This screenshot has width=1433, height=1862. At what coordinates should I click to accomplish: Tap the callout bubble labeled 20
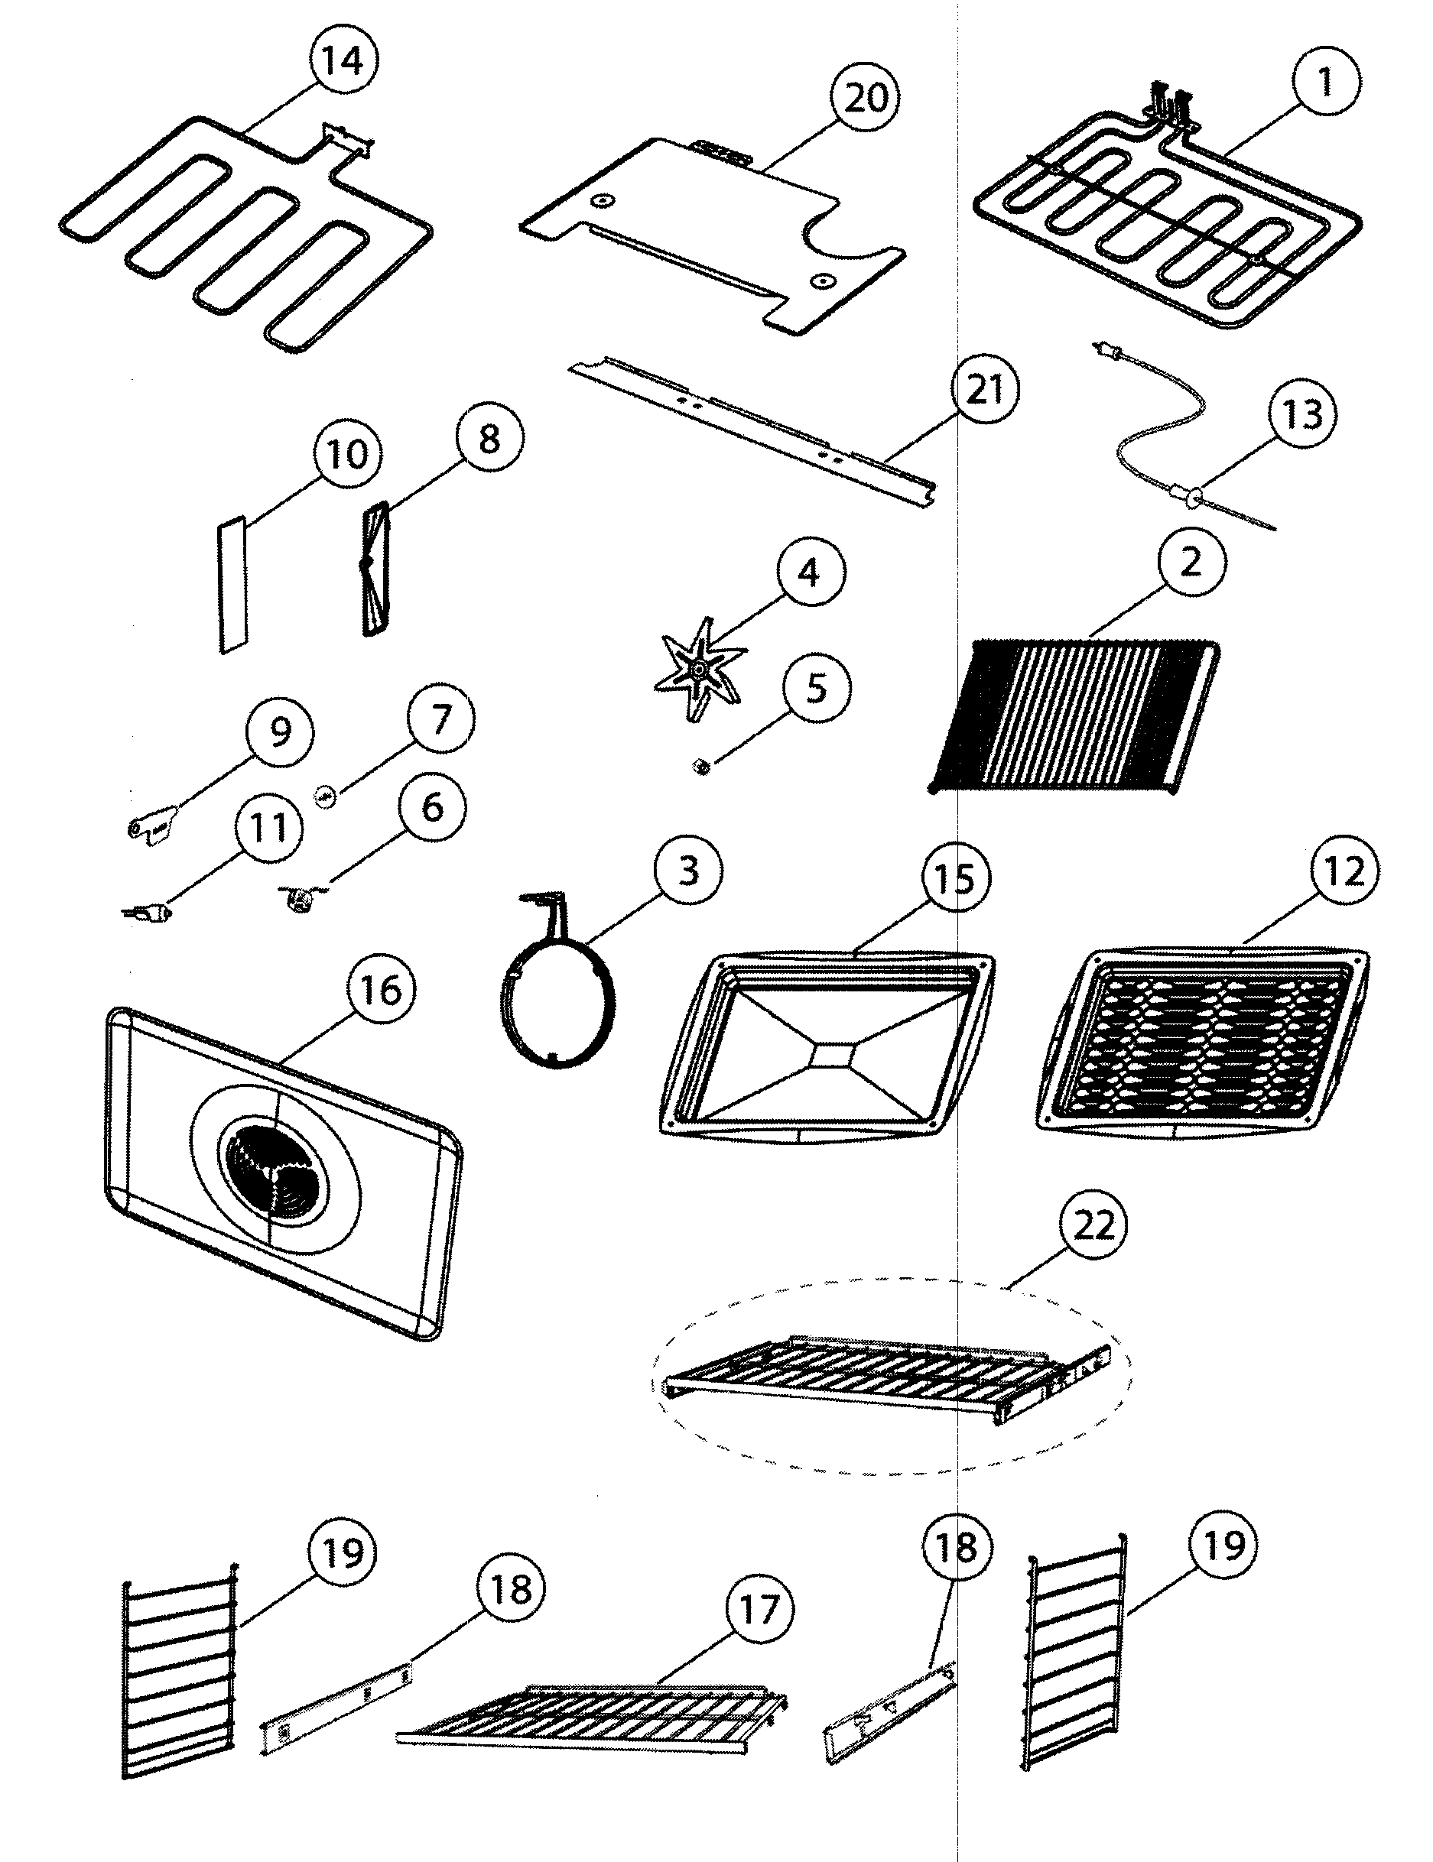[x=866, y=98]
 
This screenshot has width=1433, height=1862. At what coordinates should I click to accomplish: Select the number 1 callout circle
[x=1325, y=82]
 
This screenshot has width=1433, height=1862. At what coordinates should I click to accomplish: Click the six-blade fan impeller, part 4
[x=700, y=670]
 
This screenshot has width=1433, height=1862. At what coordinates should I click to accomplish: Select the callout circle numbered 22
[x=1093, y=1225]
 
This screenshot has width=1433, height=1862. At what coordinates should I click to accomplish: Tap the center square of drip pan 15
[x=827, y=1056]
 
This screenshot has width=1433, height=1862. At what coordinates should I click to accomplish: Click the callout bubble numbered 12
[x=1345, y=871]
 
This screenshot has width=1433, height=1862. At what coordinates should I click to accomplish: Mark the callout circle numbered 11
[x=268, y=826]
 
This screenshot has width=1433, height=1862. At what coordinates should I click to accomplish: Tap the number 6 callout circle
[x=433, y=806]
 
